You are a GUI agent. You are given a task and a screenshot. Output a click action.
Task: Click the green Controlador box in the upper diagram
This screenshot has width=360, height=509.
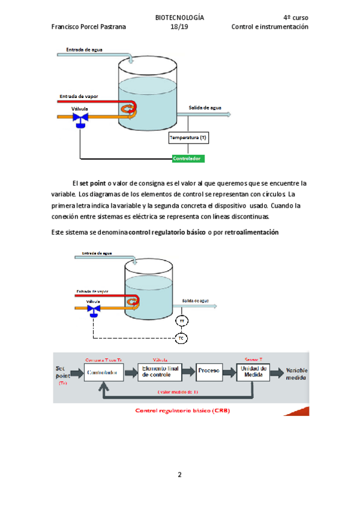[188, 159]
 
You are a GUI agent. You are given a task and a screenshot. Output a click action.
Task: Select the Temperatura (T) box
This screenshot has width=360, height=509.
[188, 138]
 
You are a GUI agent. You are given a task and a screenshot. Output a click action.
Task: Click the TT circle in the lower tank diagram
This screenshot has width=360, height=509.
[182, 322]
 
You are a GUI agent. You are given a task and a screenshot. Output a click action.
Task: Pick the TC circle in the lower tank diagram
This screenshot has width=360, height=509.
[182, 339]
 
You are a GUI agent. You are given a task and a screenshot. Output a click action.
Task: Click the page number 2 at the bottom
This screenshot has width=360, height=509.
[179, 475]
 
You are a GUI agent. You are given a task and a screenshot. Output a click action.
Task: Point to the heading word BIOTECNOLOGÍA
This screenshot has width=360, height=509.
[179, 17]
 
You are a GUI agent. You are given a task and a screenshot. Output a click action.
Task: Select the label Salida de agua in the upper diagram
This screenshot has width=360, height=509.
[205, 108]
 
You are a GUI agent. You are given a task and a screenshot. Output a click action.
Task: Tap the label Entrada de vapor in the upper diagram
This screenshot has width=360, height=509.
[79, 96]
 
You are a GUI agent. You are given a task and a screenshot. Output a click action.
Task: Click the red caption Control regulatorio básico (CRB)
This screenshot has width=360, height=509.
[182, 411]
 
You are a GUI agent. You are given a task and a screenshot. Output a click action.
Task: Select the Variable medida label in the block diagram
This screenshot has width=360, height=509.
[297, 374]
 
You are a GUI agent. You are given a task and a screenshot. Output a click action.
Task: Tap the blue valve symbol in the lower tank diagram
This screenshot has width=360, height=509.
[93, 310]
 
